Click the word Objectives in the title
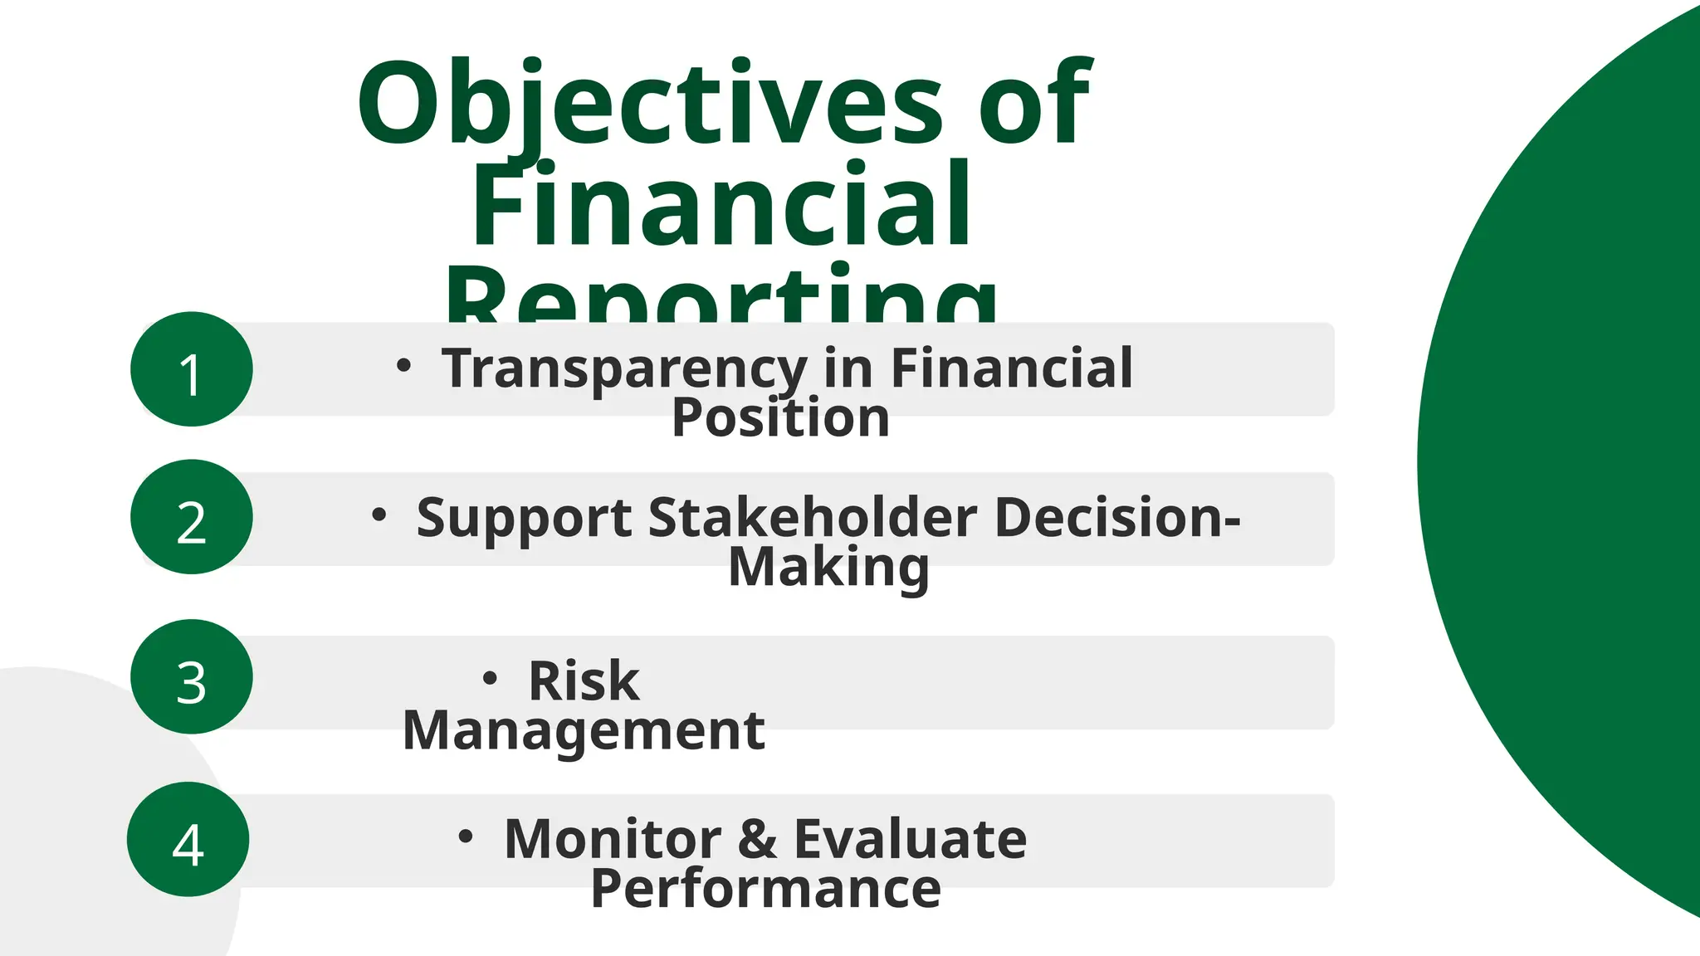pyautogui.click(x=650, y=104)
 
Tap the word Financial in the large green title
pyautogui.click(x=721, y=205)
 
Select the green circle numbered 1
pyautogui.click(x=192, y=369)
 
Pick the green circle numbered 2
pyautogui.click(x=192, y=517)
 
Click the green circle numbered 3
pyautogui.click(x=192, y=676)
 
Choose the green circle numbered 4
pyautogui.click(x=188, y=839)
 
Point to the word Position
pyautogui.click(x=780, y=417)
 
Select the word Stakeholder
pyautogui.click(x=813, y=517)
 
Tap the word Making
pyautogui.click(x=828, y=567)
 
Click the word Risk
pyautogui.click(x=584, y=681)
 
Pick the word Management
pyautogui.click(x=584, y=730)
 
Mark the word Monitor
pyautogui.click(x=613, y=838)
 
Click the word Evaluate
pyautogui.click(x=911, y=838)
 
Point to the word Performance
pyautogui.click(x=765, y=888)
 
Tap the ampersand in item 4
pyautogui.click(x=757, y=838)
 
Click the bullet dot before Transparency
pyautogui.click(x=403, y=365)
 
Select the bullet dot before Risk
pyautogui.click(x=490, y=679)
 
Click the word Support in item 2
pyautogui.click(x=524, y=519)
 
